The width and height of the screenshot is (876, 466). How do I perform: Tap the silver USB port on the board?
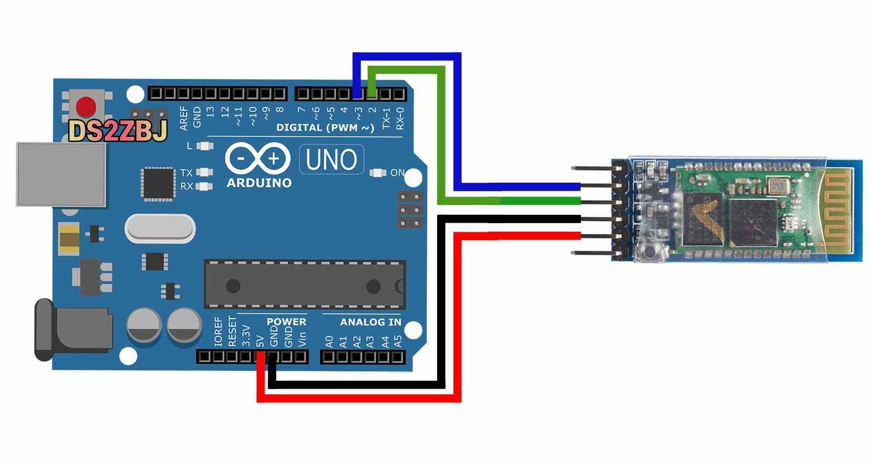pyautogui.click(x=61, y=174)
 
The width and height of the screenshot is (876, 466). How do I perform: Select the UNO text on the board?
pyautogui.click(x=331, y=160)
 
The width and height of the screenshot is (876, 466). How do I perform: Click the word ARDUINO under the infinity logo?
pyautogui.click(x=259, y=183)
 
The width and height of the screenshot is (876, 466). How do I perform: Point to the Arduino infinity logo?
pyautogui.click(x=258, y=158)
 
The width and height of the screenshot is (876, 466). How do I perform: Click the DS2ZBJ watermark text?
pyautogui.click(x=117, y=131)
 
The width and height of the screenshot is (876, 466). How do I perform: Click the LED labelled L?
pyautogui.click(x=204, y=146)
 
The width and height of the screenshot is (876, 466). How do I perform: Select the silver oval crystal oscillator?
pyautogui.click(x=160, y=229)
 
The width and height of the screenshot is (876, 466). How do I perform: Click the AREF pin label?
pyautogui.click(x=183, y=118)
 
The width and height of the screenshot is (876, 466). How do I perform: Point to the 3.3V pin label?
pyautogui.click(x=246, y=335)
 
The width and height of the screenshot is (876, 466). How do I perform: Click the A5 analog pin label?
pyautogui.click(x=398, y=342)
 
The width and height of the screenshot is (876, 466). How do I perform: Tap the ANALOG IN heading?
pyautogui.click(x=370, y=322)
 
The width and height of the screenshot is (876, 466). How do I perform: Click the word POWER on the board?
pyautogui.click(x=286, y=322)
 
